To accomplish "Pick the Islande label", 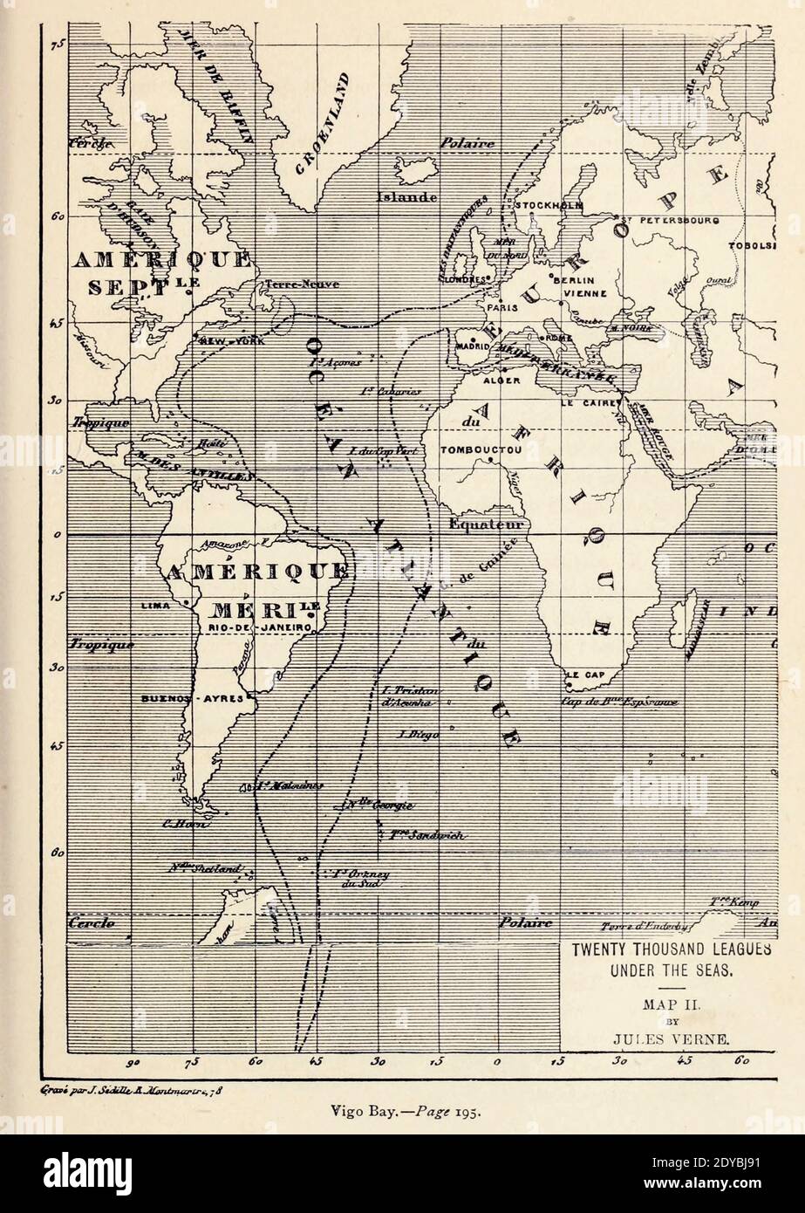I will [406, 197].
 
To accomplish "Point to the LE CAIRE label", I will [590, 405].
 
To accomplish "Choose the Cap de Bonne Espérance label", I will [619, 702].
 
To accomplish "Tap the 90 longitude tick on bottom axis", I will [133, 1062].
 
